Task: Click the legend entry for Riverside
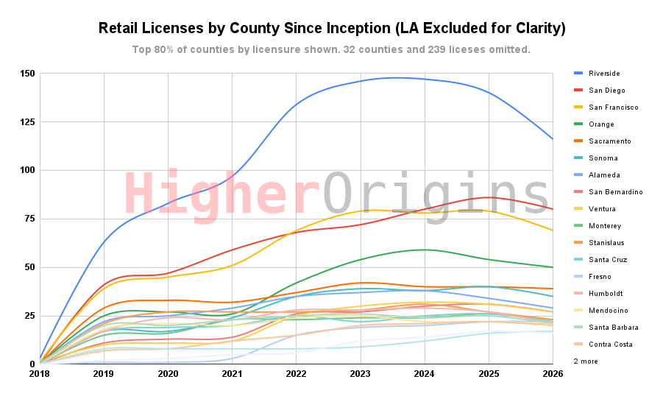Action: [605, 74]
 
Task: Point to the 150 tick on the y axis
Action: [28, 74]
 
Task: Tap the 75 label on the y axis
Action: [30, 219]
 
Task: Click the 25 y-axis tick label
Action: [30, 316]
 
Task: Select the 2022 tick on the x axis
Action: [296, 374]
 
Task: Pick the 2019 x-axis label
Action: [104, 374]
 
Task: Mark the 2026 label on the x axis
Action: [553, 374]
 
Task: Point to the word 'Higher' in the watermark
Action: [219, 195]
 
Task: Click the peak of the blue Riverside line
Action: [397, 77]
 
